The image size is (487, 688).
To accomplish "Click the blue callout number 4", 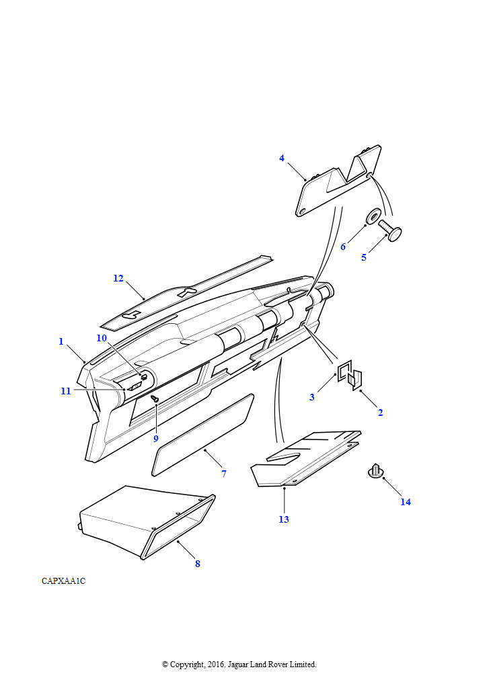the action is (282, 158).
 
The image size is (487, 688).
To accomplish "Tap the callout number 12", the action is (118, 278).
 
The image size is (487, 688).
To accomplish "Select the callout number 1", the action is (61, 341).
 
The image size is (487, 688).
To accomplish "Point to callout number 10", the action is (102, 338).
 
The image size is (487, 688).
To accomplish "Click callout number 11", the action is (66, 391).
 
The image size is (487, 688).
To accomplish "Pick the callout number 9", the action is (155, 438).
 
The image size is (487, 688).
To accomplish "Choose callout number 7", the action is (224, 474).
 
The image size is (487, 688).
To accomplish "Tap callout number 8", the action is (198, 564).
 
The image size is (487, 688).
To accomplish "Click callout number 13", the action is (284, 519).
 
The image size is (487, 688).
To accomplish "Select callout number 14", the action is (406, 502).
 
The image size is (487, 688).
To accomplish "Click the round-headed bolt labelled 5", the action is (390, 231).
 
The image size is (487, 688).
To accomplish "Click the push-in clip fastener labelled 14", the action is (375, 470).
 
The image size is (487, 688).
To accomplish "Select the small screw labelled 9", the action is (155, 398).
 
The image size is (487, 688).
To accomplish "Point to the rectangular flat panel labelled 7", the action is (202, 435).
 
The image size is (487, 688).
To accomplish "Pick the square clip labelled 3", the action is (344, 371).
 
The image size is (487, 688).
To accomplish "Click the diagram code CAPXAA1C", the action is (64, 581).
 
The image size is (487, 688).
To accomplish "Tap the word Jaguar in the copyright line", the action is (237, 664).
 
